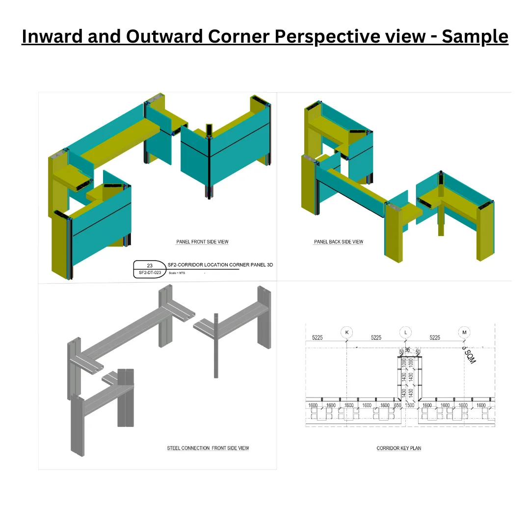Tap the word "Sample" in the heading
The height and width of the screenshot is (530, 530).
coord(475,36)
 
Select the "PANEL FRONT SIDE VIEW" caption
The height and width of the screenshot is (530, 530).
coord(202,242)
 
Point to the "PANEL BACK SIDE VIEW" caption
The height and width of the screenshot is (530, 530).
coord(339,242)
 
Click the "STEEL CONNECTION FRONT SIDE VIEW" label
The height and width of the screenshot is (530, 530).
coord(208,448)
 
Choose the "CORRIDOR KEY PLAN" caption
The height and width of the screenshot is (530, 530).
coord(398,448)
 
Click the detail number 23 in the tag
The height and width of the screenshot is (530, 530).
coord(150,265)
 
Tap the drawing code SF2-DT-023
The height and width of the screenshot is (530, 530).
coord(150,272)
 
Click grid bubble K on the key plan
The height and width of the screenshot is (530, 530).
coord(347,332)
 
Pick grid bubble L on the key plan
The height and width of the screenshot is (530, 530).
coord(405,332)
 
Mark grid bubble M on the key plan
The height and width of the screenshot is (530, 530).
coord(464,332)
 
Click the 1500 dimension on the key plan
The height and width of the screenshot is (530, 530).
coord(409,405)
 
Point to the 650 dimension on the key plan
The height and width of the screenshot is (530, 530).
coord(397,405)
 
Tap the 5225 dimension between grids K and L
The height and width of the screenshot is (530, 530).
coord(376,338)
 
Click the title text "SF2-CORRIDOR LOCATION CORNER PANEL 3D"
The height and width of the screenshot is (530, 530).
coord(220,265)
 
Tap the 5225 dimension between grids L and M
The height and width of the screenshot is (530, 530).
coord(435,338)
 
